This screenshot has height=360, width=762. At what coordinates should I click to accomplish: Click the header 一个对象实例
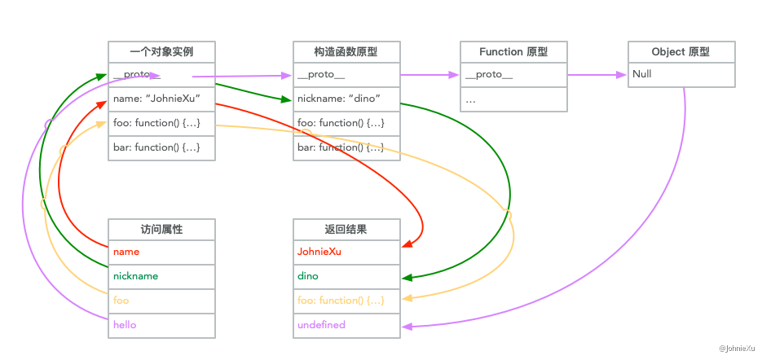coord(161,51)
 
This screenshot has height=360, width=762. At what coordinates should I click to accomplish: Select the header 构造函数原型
coord(346,51)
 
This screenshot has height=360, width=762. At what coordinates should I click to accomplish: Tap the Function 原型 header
coord(513,51)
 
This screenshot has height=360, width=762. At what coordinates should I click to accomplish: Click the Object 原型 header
coord(681,51)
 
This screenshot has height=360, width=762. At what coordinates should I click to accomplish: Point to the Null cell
coord(681,75)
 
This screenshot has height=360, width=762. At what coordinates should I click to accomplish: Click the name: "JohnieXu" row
coord(161,99)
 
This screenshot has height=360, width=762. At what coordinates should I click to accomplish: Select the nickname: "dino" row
coord(346,99)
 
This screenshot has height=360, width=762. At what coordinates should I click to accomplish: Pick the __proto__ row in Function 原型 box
coord(513,75)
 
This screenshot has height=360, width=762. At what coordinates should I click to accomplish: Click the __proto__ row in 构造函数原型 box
coord(346,75)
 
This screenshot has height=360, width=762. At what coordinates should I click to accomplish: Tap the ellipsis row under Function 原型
coord(513,99)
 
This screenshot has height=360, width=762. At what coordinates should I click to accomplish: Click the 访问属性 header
coord(161,229)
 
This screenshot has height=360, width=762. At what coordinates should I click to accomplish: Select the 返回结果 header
coord(346,229)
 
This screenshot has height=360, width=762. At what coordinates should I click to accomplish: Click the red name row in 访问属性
coord(161,252)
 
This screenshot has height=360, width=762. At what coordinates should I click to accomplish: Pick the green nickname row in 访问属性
coord(161,277)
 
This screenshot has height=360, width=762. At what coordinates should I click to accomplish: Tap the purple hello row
coord(161,325)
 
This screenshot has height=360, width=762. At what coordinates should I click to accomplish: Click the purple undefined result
coord(346,325)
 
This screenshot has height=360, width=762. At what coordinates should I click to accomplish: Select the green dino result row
coord(346,277)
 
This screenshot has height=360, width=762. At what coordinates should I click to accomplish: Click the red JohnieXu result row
coord(346,252)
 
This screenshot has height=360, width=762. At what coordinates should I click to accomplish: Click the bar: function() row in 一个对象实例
coord(161,147)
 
